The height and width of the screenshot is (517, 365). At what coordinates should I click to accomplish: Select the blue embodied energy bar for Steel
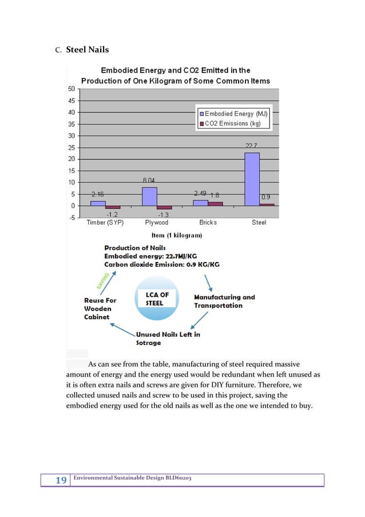coord(252,179)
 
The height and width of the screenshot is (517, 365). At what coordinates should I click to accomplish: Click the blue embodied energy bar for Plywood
coord(149,196)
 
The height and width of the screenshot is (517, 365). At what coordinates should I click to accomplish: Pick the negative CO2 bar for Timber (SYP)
coord(113,207)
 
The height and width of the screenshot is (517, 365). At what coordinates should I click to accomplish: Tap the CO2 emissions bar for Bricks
coord(215,203)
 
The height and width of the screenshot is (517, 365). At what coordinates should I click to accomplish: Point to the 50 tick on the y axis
coord(72,89)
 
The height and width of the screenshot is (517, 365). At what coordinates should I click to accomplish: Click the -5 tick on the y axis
coord(72,217)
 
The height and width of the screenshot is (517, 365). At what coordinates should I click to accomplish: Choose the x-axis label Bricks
coord(208,222)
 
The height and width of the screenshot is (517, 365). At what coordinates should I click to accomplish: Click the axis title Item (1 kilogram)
coord(176,235)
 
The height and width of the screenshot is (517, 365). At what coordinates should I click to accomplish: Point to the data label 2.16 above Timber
coord(98,194)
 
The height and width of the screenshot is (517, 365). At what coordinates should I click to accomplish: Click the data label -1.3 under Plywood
coord(162,214)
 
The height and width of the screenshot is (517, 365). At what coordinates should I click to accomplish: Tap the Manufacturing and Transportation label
coord(224,301)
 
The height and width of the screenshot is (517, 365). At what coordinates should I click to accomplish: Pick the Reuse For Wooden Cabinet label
coord(100,308)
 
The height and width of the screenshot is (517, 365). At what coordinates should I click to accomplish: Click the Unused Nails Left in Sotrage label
coord(168,339)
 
